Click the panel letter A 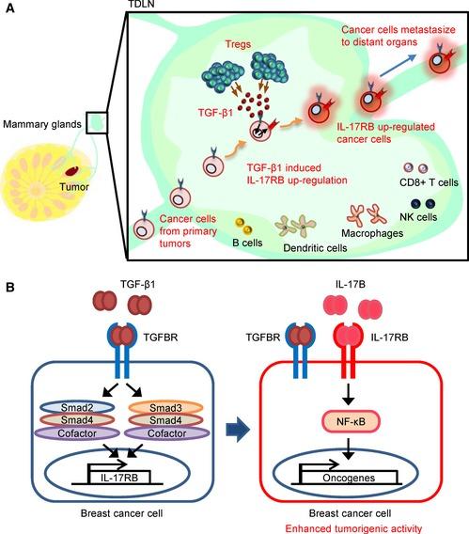(x=8, y=8)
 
